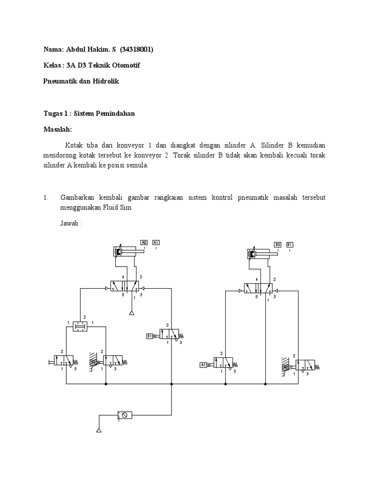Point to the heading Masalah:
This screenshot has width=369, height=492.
tap(58, 130)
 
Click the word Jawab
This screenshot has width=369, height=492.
tap(69, 223)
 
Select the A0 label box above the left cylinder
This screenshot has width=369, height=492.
tap(144, 243)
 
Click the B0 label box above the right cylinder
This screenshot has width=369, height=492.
tap(278, 245)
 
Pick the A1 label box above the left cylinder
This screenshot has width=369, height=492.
tap(156, 243)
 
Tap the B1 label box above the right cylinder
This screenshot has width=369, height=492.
tap(290, 245)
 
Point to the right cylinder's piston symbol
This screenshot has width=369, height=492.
tap(252, 253)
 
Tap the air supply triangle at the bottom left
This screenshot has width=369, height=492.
tap(99, 430)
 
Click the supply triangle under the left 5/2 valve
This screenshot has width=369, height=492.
tap(132, 313)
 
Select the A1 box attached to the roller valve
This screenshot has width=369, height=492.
tap(203, 365)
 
